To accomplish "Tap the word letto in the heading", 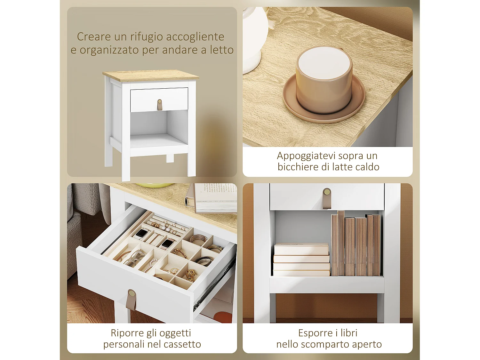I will pyautogui.click(x=221, y=50).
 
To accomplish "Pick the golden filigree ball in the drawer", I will pyautogui.click(x=190, y=275).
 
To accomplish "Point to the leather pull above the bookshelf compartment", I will pyautogui.click(x=327, y=198).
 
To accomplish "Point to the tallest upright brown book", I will pyautogui.click(x=341, y=243).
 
